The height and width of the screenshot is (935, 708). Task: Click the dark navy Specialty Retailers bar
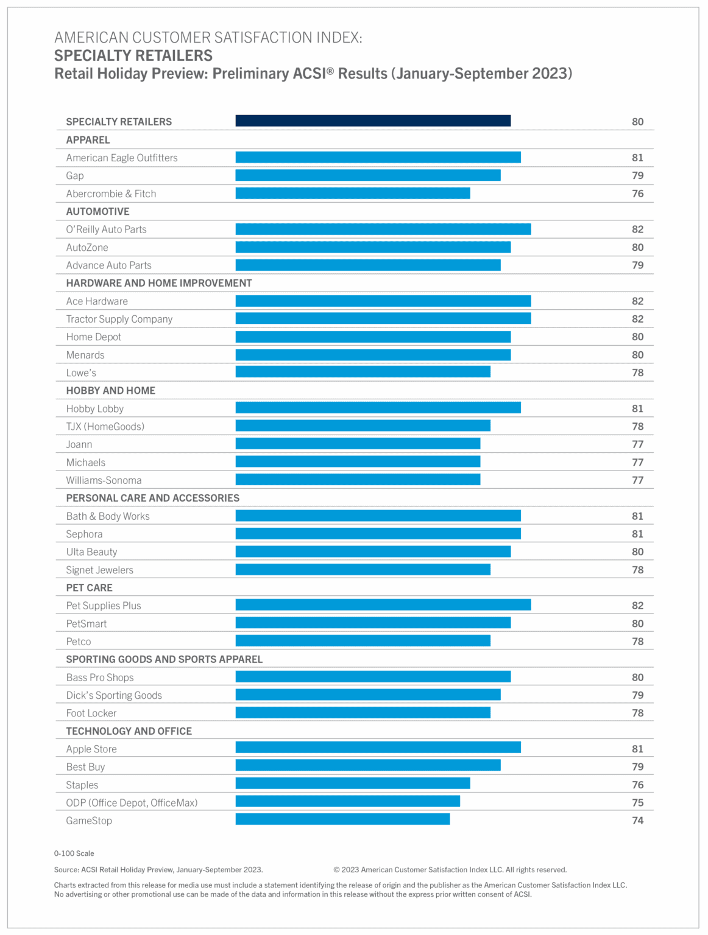click(x=373, y=121)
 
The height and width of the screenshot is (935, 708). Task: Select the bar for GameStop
click(x=342, y=819)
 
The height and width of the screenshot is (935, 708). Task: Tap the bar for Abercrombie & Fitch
click(x=353, y=193)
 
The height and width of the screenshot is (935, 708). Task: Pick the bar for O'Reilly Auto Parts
click(x=383, y=229)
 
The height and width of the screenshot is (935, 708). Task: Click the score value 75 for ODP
click(x=637, y=802)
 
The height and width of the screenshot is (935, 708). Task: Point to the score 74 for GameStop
click(x=637, y=821)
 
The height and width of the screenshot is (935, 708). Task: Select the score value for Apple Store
click(x=637, y=749)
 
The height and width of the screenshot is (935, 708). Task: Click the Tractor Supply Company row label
click(x=119, y=319)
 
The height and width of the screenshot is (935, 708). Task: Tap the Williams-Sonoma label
click(x=104, y=480)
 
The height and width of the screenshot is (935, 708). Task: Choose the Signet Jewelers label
click(x=99, y=570)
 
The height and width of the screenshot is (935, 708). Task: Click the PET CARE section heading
click(x=89, y=587)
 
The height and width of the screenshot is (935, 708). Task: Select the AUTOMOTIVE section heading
click(x=97, y=211)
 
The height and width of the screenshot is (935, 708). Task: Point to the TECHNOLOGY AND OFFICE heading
click(x=129, y=731)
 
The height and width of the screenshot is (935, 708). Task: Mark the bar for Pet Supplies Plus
click(x=383, y=604)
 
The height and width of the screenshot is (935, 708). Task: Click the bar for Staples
click(x=353, y=783)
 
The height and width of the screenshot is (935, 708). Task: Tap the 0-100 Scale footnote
click(x=74, y=853)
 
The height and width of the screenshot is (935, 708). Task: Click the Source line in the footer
click(x=158, y=870)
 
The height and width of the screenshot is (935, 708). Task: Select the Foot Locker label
click(x=91, y=713)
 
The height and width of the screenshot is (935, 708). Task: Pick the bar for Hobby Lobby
click(x=378, y=408)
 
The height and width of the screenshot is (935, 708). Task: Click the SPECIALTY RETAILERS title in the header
click(x=133, y=55)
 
